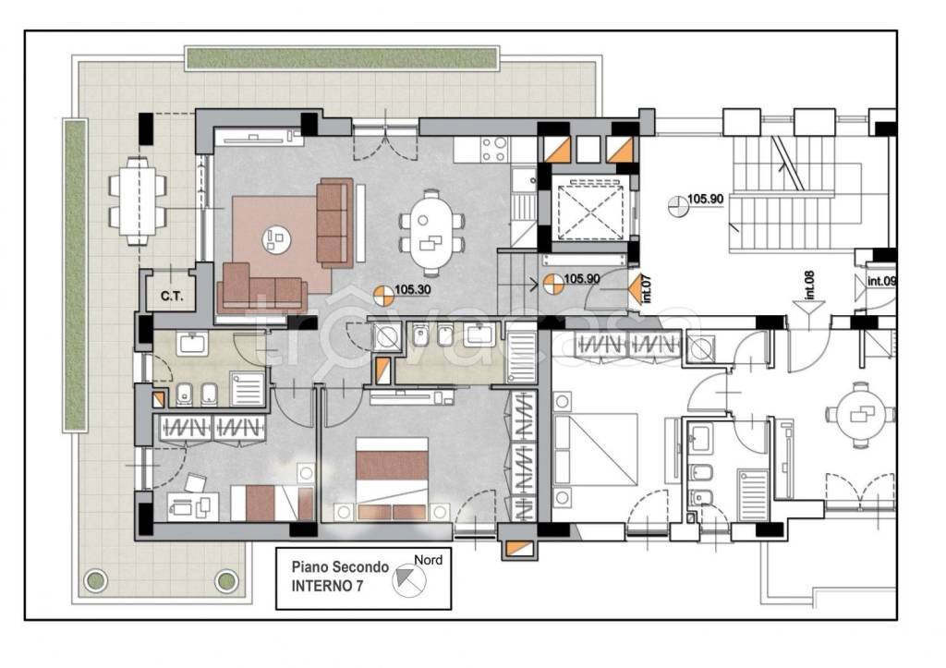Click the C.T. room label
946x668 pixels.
click(x=171, y=297)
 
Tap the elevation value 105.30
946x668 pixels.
click(x=413, y=289)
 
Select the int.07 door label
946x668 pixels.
click(x=647, y=288)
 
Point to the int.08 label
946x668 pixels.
click(x=809, y=285)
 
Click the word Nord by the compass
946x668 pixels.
click(x=428, y=560)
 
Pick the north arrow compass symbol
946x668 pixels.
click(x=409, y=580)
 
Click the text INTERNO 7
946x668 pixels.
click(x=328, y=586)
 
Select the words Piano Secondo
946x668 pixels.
click(x=340, y=567)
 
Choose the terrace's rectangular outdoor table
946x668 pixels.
click(x=138, y=201)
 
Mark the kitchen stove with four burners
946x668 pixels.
click(x=494, y=150)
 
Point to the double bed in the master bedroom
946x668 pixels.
click(x=392, y=479)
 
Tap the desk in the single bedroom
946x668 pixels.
click(x=193, y=505)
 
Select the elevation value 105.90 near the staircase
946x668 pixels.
click(x=705, y=199)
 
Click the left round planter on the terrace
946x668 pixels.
click(x=96, y=581)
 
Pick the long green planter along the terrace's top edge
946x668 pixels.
click(x=342, y=58)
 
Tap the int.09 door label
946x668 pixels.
click(x=881, y=281)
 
